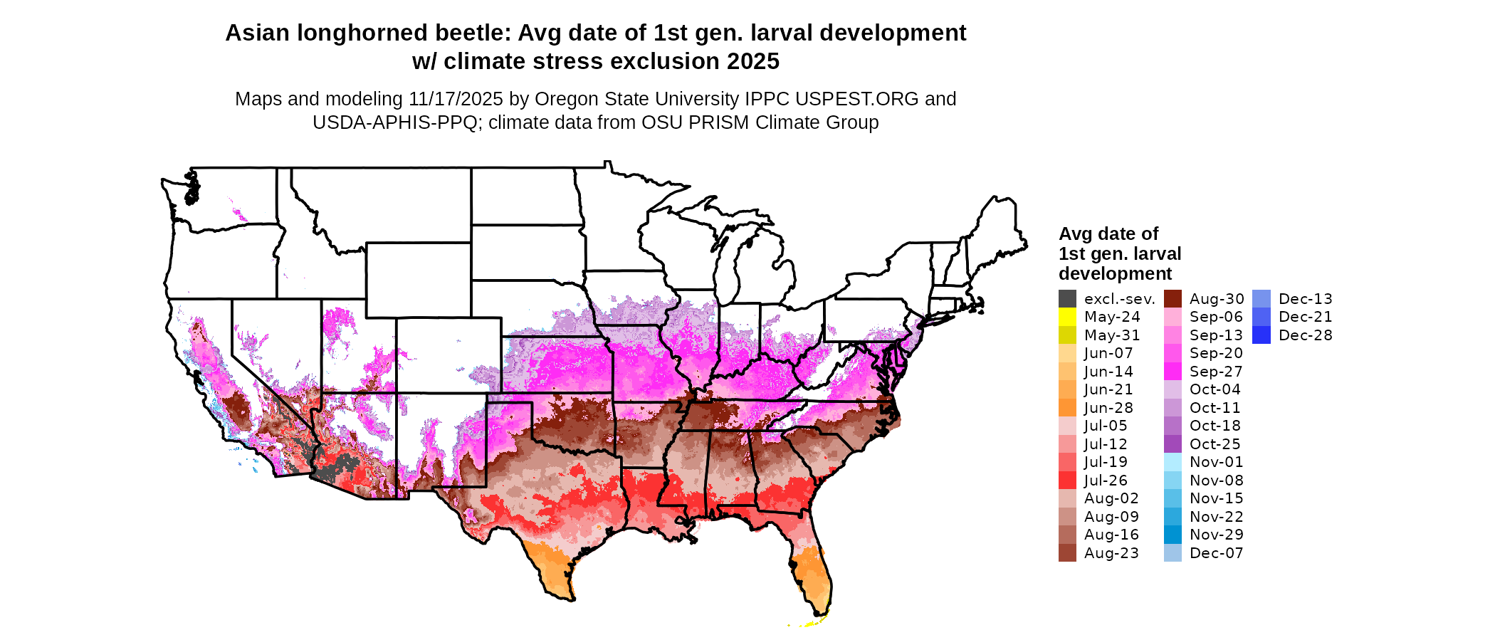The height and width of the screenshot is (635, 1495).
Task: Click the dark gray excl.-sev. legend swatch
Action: point(1067,299)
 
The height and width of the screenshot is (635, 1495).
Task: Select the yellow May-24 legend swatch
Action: point(1067,317)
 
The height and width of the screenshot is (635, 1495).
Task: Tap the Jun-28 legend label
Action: point(1108,408)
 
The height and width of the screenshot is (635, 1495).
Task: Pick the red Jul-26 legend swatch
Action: point(1067,481)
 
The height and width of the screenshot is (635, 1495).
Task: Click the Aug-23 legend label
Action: point(1111,553)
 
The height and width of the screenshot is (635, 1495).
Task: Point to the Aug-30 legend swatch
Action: point(1173,299)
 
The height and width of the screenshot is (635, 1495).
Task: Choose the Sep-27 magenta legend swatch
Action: point(1173,372)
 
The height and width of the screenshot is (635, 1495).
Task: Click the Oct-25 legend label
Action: point(1215,444)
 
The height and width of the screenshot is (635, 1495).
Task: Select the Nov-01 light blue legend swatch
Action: point(1173,462)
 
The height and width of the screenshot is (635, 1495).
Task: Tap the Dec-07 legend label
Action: point(1216,553)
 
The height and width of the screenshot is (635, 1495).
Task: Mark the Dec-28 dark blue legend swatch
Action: point(1261,335)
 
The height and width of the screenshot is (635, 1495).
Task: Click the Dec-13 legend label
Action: point(1305,299)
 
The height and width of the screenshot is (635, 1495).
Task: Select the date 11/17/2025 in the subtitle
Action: point(456,99)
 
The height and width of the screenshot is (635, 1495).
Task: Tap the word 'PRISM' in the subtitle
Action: point(718,122)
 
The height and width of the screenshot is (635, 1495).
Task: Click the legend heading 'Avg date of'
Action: point(1108,234)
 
